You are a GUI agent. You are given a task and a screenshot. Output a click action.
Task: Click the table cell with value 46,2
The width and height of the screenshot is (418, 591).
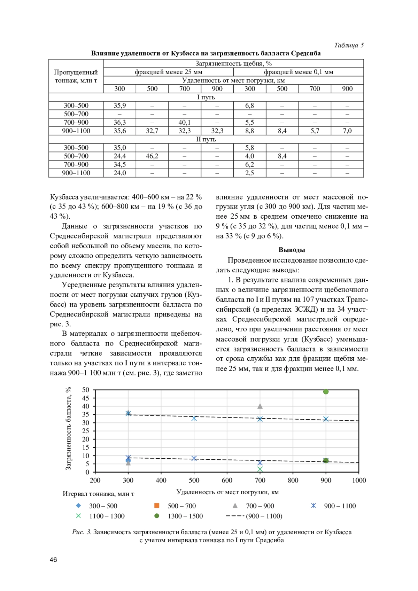tap(152, 156)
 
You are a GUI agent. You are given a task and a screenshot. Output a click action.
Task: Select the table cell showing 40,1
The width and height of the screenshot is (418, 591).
tap(184, 122)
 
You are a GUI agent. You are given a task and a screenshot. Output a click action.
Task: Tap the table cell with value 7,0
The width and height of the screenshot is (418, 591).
tap(347, 131)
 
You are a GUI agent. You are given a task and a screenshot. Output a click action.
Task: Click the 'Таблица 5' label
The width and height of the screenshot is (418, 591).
tap(349, 45)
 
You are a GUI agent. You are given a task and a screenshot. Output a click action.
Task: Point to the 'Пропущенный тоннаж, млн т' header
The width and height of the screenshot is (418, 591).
tap(76, 76)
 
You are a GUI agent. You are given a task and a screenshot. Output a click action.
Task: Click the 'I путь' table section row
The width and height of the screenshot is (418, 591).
tap(206, 97)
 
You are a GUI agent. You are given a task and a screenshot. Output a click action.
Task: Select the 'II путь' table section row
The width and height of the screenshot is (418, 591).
tap(206, 139)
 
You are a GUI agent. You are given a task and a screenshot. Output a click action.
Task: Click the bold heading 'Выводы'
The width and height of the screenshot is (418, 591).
tap(292, 250)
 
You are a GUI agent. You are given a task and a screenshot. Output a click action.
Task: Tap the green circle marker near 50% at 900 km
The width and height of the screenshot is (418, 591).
tap(326, 392)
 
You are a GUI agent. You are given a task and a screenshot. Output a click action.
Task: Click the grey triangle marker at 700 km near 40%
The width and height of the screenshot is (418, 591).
tap(260, 406)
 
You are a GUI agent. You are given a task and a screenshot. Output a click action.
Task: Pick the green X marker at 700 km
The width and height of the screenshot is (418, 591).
tap(260, 469)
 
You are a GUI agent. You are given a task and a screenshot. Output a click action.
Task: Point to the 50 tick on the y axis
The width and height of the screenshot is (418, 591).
tap(86, 390)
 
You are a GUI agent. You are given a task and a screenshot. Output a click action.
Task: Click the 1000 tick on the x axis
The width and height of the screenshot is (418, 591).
tap(359, 481)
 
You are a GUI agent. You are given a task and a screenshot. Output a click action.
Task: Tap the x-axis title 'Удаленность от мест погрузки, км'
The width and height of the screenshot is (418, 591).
tap(227, 492)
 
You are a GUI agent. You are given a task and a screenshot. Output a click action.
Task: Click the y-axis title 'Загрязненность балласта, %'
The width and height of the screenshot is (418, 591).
tap(68, 428)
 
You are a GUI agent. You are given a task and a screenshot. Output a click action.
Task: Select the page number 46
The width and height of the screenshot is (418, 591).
tap(53, 560)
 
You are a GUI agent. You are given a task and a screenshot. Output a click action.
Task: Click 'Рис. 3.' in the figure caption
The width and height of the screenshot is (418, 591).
tap(82, 532)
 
